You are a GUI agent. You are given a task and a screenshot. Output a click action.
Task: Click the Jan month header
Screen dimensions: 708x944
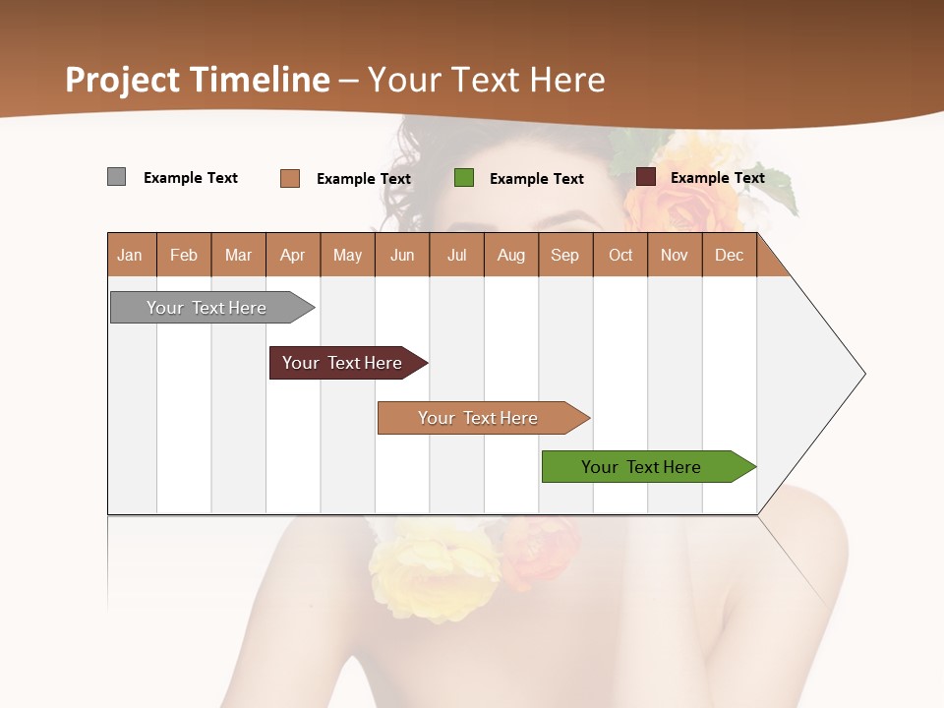(131, 255)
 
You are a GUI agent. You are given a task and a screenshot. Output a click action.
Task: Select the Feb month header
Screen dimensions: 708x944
(184, 255)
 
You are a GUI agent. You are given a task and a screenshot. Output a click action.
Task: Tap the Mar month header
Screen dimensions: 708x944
(238, 255)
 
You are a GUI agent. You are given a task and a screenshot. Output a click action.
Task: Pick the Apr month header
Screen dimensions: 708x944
(293, 255)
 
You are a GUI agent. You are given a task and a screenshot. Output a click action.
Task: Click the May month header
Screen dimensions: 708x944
(347, 255)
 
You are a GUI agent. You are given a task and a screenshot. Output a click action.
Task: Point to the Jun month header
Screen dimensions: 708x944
(402, 255)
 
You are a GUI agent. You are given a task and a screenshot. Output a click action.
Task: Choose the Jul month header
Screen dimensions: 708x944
(456, 255)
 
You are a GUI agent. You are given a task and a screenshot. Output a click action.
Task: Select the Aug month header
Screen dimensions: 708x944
(511, 255)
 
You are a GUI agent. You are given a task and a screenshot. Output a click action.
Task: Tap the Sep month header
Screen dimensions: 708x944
(565, 255)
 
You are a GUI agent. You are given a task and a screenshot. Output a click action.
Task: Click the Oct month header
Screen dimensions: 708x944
(620, 255)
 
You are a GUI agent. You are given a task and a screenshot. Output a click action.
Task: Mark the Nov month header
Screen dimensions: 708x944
(675, 255)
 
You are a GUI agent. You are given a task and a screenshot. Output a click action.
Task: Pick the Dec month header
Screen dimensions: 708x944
(730, 255)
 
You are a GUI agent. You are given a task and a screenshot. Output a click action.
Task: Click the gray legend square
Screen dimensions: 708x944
(117, 177)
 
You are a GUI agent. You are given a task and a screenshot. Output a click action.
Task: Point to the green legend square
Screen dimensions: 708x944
(464, 178)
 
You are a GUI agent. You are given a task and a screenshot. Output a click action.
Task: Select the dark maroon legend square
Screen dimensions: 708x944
(646, 177)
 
